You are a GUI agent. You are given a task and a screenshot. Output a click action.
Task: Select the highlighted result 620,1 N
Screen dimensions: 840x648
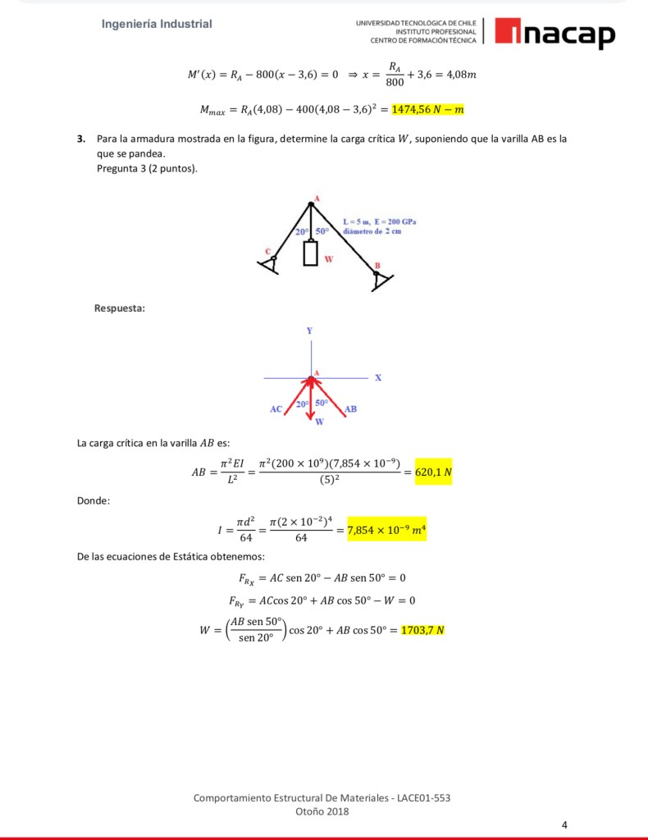click(433, 472)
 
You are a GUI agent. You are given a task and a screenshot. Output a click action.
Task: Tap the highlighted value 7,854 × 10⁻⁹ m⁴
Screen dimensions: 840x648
click(386, 531)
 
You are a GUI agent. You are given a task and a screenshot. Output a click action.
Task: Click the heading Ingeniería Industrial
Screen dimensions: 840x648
click(157, 24)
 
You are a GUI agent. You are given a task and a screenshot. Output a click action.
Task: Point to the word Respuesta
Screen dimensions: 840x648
click(120, 308)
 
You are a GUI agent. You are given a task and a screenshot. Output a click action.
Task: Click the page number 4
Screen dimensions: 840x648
click(564, 824)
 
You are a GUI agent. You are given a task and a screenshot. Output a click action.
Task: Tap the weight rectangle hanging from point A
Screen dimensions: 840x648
click(310, 253)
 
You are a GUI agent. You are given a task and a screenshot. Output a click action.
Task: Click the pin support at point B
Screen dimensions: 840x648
click(378, 281)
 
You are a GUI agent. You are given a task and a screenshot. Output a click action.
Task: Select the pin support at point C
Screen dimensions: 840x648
click(269, 262)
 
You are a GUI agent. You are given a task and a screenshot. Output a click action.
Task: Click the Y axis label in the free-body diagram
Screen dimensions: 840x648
click(309, 331)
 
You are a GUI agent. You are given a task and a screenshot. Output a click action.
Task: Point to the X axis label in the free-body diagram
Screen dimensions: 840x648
click(377, 378)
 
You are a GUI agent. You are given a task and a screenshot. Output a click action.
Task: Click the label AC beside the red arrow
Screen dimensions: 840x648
click(276, 408)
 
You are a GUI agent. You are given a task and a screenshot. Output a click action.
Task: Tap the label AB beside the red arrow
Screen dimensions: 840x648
click(350, 408)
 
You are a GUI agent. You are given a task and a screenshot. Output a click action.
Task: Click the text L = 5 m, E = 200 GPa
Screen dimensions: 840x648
click(379, 222)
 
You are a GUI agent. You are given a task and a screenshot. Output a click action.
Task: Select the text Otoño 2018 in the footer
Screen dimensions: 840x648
click(322, 811)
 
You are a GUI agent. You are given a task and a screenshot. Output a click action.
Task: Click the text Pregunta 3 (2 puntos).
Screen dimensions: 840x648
click(147, 168)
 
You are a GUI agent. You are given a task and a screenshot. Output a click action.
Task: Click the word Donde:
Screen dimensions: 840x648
click(94, 501)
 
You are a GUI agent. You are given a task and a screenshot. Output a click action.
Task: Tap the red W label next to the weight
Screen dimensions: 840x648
click(329, 259)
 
